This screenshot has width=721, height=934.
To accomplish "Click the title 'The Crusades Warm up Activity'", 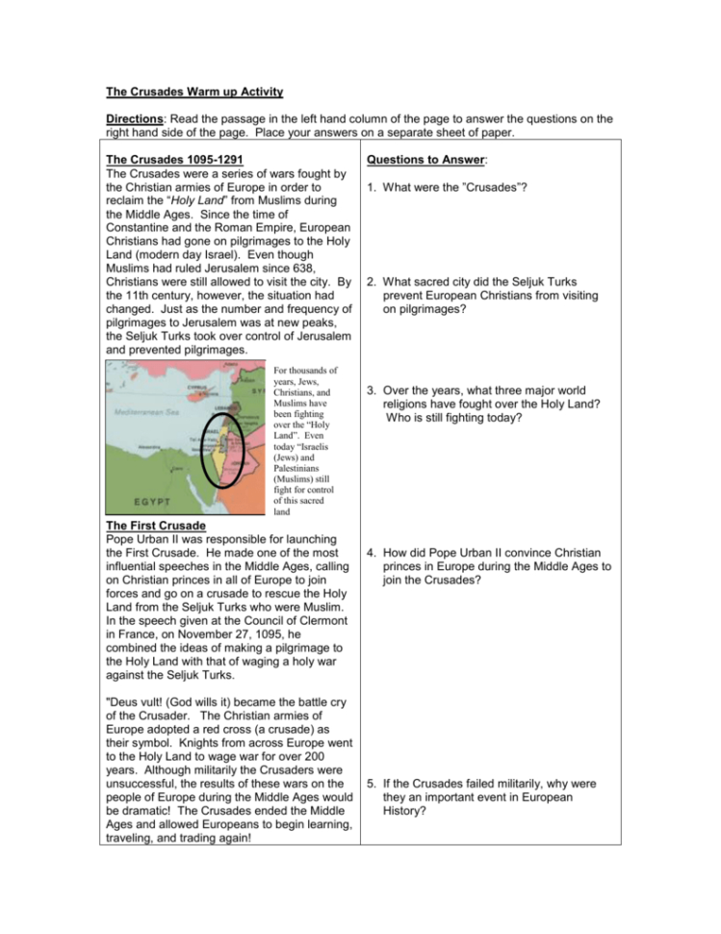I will point(194,92).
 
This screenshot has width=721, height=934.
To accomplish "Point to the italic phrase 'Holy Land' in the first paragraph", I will point(203,199).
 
